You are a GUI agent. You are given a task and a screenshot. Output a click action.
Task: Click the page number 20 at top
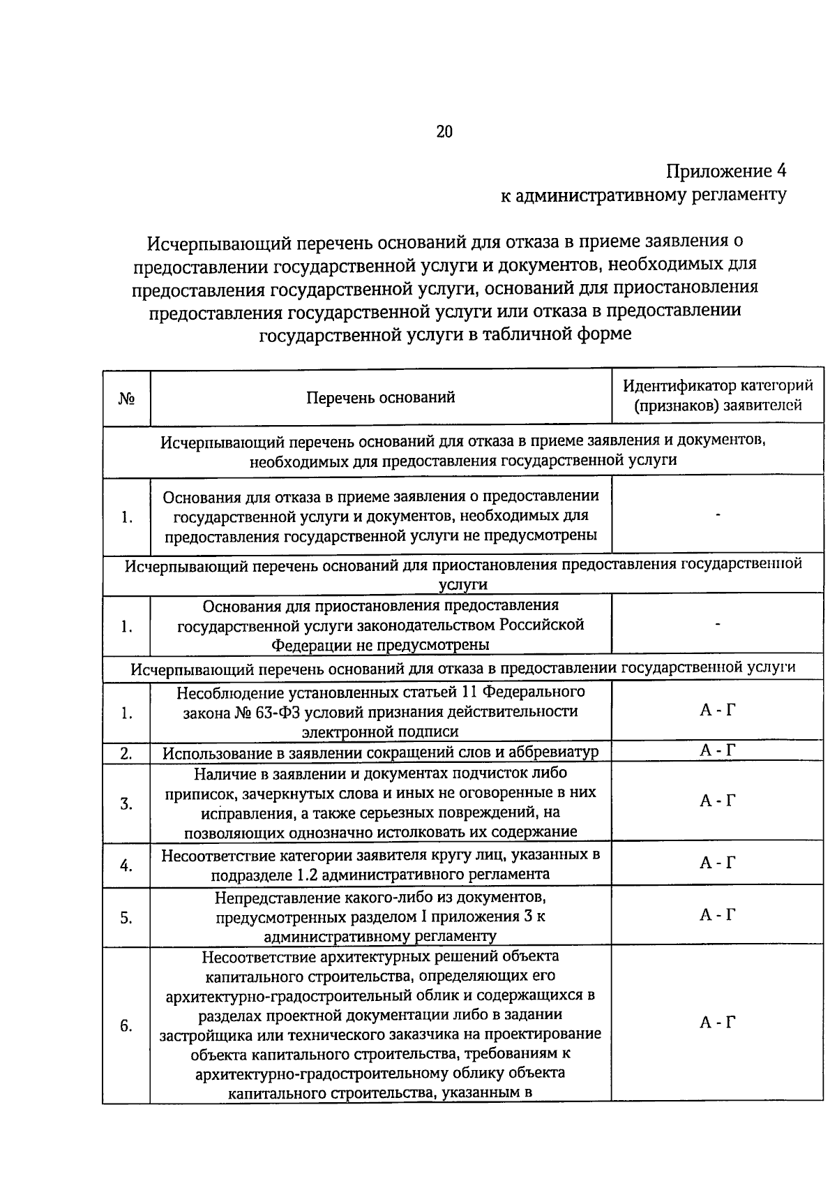444,131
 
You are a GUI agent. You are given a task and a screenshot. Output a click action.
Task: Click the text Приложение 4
726,171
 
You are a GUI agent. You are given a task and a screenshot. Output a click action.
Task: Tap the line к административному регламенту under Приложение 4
644,195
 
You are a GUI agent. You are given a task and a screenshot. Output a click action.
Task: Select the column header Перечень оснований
380,397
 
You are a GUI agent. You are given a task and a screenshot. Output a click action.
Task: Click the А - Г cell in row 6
718,1023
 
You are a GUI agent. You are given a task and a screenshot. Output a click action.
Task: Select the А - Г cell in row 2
718,750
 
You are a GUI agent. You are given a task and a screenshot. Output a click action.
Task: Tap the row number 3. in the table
126,803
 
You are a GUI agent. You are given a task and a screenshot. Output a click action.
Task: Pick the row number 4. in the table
126,866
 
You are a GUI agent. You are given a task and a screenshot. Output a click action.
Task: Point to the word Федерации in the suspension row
311,644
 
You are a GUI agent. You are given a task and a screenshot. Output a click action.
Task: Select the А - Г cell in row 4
718,863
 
